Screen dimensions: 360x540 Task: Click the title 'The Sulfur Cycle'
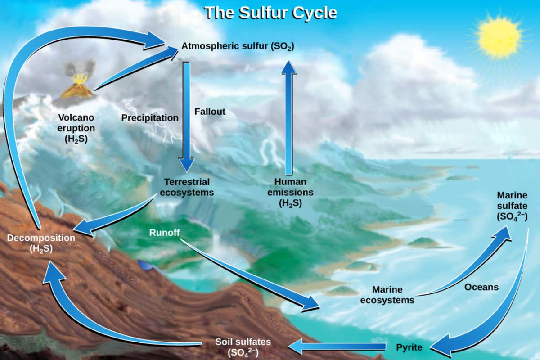(270, 12)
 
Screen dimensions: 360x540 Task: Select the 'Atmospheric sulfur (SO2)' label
(238, 46)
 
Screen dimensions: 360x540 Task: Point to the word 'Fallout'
(210, 111)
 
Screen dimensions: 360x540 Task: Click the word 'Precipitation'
(150, 118)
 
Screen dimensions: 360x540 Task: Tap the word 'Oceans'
(481, 287)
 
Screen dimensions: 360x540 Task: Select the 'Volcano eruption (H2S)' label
(76, 128)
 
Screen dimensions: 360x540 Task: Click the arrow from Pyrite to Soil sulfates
(337, 346)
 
